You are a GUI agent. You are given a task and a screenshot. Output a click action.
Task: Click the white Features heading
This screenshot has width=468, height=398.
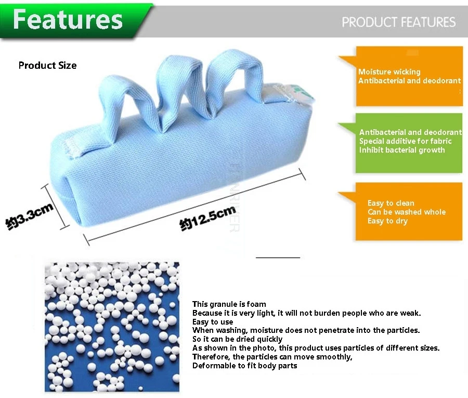[x=68, y=19]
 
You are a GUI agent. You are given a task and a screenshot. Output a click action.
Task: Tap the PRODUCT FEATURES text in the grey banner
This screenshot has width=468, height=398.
[x=398, y=22]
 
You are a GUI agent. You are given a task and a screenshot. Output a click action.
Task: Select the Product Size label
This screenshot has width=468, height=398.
[x=47, y=65]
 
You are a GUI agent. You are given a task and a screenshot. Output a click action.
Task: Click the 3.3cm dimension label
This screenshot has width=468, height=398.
[x=30, y=216]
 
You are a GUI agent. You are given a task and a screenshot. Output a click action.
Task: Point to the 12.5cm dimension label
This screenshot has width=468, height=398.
[x=207, y=219]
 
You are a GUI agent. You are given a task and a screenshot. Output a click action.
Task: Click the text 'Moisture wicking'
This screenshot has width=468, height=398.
[x=389, y=72]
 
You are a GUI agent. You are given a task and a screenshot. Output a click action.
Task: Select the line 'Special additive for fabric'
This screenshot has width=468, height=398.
[x=405, y=141]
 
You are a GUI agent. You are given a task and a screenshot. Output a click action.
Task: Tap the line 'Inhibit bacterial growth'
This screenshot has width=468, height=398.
[x=402, y=150]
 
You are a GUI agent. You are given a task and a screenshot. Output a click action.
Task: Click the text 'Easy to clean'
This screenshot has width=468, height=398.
[x=391, y=203]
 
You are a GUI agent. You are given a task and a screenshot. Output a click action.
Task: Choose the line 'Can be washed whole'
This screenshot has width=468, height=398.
[x=407, y=212]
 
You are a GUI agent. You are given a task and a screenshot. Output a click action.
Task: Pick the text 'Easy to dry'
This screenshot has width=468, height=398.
[x=387, y=221]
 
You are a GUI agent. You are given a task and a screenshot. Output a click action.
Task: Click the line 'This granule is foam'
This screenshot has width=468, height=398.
[x=229, y=304]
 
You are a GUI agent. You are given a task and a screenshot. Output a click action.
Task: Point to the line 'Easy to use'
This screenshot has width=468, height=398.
[x=213, y=322]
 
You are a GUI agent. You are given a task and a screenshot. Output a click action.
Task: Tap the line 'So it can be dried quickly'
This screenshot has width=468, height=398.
[x=237, y=339]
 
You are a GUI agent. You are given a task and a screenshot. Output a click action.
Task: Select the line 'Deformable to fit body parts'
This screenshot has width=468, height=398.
[x=245, y=365]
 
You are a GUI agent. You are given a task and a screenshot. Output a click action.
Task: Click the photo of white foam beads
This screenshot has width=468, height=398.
[x=112, y=327]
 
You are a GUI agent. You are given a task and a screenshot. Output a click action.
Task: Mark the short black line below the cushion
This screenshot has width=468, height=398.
[x=278, y=257]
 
